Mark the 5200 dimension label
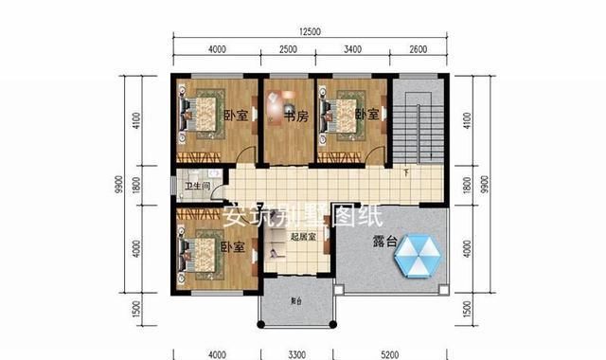pos(391,353)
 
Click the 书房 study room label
pos(296,117)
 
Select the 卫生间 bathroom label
pos(197,186)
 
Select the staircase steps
pos(417,133)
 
